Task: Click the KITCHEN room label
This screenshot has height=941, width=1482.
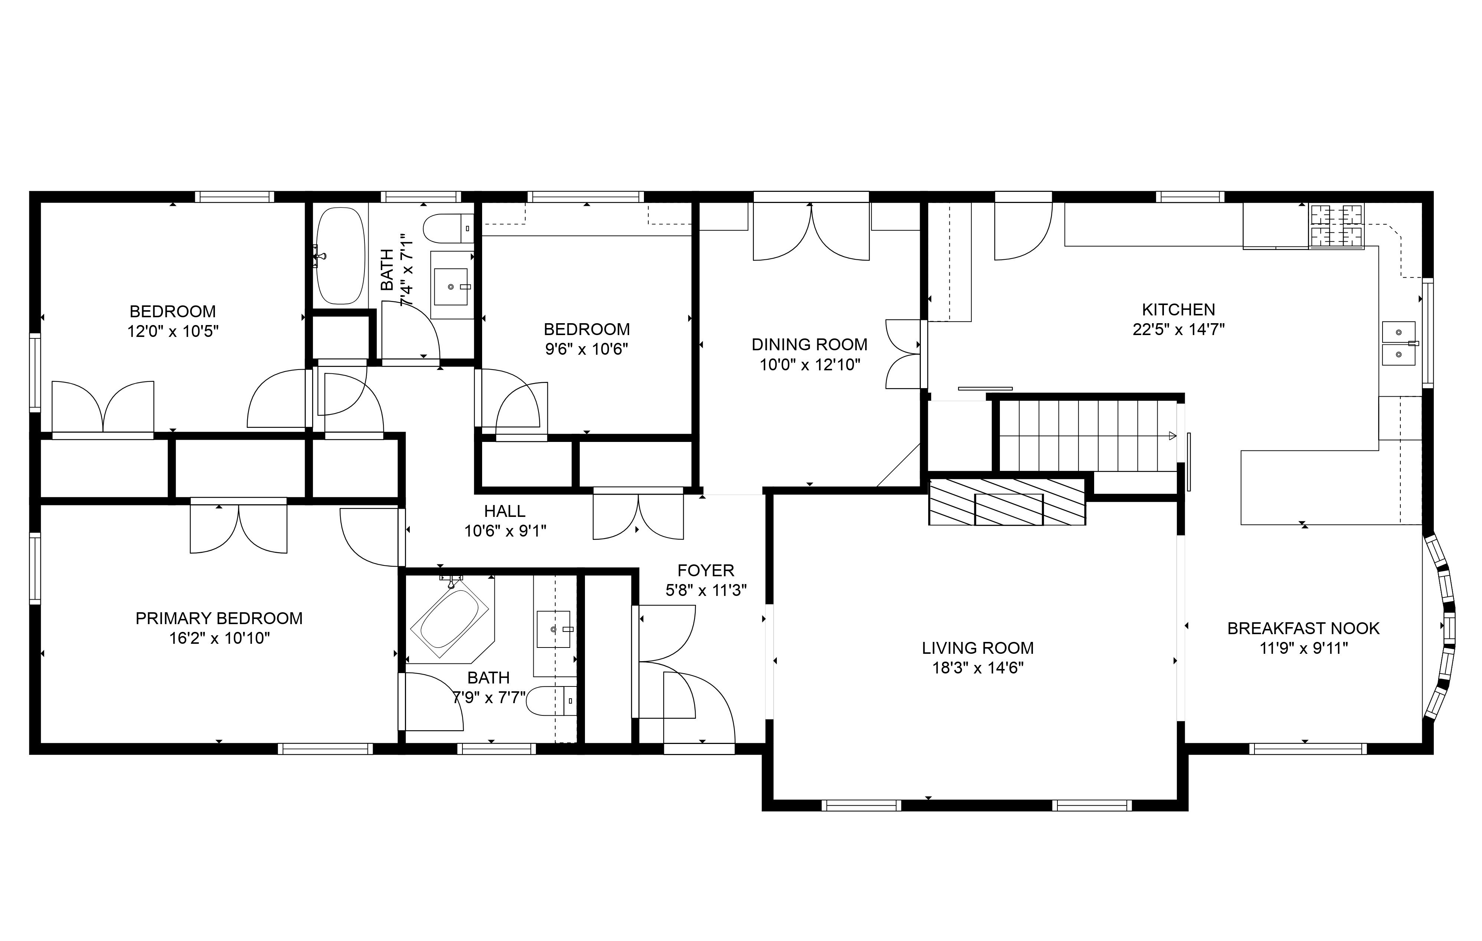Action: coord(1178,309)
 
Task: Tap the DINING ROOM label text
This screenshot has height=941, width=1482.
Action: coord(809,345)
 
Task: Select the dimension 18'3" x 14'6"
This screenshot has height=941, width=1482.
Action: coord(977,668)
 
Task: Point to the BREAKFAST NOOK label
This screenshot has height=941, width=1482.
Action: coord(1303,628)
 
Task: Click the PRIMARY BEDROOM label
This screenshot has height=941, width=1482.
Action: coord(219,619)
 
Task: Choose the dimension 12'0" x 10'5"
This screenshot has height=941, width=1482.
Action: coord(173,332)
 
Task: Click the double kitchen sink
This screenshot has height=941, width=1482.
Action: coord(1399,343)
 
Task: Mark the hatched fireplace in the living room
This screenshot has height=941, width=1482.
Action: coord(1007,502)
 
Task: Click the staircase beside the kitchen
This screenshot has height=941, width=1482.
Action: coord(1086,436)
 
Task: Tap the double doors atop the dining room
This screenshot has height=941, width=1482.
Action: coord(811,233)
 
